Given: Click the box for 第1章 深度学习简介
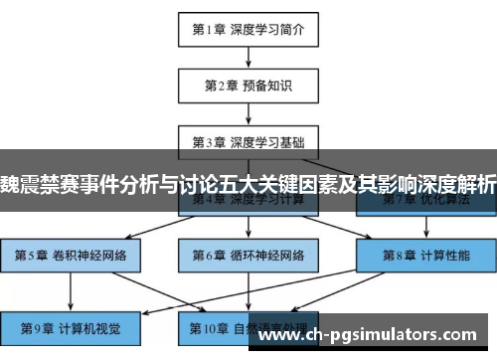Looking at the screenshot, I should click(248, 30).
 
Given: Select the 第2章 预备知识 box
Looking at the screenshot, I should click(248, 86).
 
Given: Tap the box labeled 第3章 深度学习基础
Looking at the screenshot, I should click(248, 141).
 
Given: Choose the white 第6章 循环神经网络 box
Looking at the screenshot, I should click(248, 254).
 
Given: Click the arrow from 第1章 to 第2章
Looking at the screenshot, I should click(248, 58).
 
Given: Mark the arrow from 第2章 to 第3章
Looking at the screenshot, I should click(248, 113).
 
